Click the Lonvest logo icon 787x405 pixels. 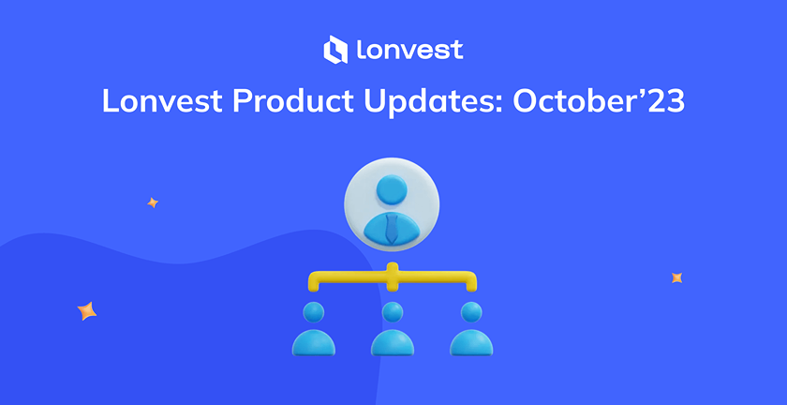335,50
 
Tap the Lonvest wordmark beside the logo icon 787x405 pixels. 410,50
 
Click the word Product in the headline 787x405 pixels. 293,100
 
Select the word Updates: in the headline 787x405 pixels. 433,102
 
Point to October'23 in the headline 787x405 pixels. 599,100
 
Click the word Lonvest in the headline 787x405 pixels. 162,100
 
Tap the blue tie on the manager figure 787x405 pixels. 392,229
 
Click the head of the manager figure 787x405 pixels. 392,189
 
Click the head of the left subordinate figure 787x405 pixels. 313,312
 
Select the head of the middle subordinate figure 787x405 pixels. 392,312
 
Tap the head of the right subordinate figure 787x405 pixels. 471,312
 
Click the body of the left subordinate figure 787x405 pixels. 314,343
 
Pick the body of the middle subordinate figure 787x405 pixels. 393,343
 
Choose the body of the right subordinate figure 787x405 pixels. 471,343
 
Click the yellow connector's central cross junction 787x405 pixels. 392,277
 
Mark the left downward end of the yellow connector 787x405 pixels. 314,288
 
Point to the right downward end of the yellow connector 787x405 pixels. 470,288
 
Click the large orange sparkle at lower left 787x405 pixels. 87,311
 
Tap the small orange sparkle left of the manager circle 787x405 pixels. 153,202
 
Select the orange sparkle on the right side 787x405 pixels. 676,277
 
